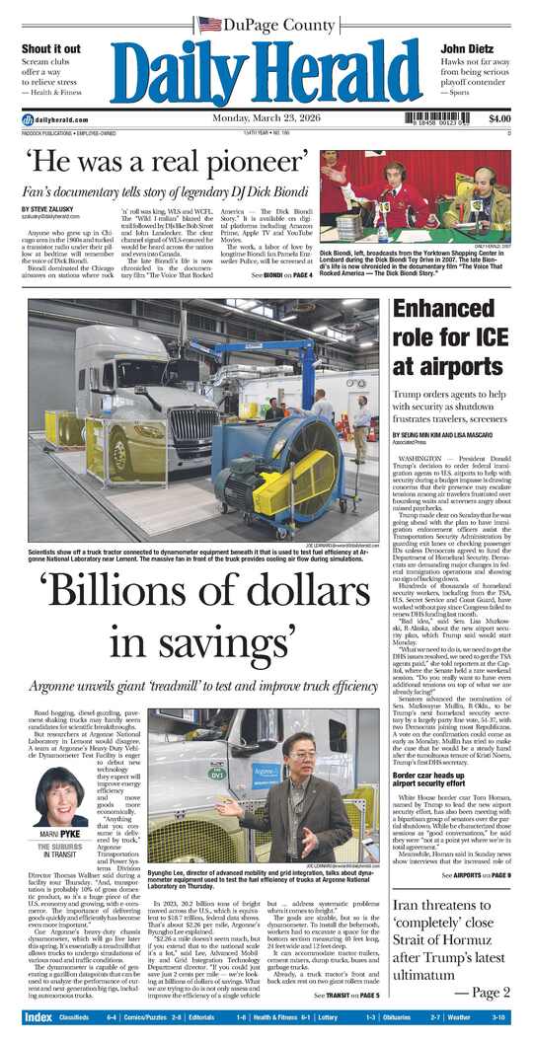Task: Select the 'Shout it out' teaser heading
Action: (51, 48)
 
